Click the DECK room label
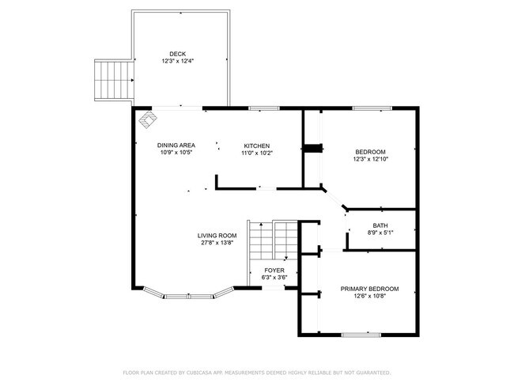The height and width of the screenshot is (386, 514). [177, 54]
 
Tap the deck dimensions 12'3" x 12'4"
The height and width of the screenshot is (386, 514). [177, 61]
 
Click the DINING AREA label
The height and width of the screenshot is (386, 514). [176, 146]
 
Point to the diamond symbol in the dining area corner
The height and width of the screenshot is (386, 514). [148, 121]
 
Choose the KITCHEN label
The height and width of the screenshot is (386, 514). [257, 146]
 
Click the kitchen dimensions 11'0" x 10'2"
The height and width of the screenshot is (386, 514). [257, 153]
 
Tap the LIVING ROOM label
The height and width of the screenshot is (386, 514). [217, 236]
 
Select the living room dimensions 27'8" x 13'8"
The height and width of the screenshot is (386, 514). [217, 243]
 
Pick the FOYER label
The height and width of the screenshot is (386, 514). [274, 271]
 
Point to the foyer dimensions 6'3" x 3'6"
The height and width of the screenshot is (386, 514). [274, 278]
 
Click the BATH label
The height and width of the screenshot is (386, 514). [380, 225]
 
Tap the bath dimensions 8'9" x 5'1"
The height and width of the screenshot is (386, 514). [380, 233]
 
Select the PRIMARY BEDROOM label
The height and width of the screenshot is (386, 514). [369, 289]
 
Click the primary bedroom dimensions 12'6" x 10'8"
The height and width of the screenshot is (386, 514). [369, 297]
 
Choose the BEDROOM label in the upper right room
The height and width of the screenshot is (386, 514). [370, 152]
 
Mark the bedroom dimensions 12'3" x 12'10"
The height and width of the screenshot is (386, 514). [370, 159]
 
